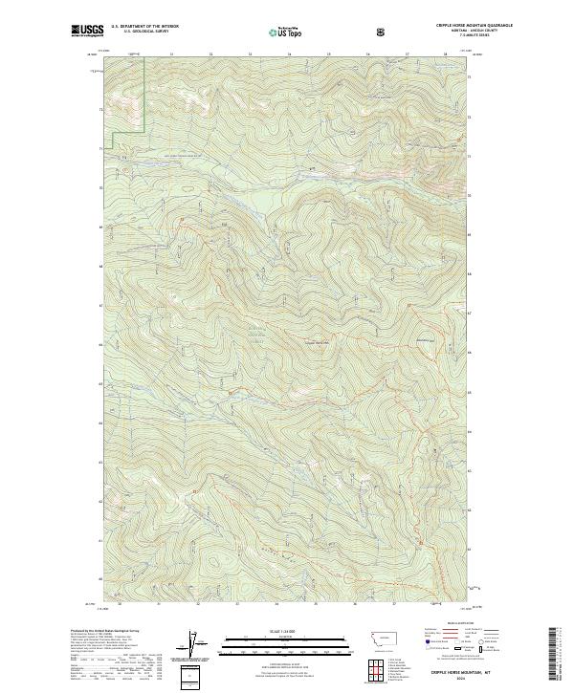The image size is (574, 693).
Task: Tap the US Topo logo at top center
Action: point(275,32)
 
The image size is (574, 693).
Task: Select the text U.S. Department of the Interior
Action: point(144,27)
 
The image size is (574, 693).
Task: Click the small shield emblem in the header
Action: point(382,32)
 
